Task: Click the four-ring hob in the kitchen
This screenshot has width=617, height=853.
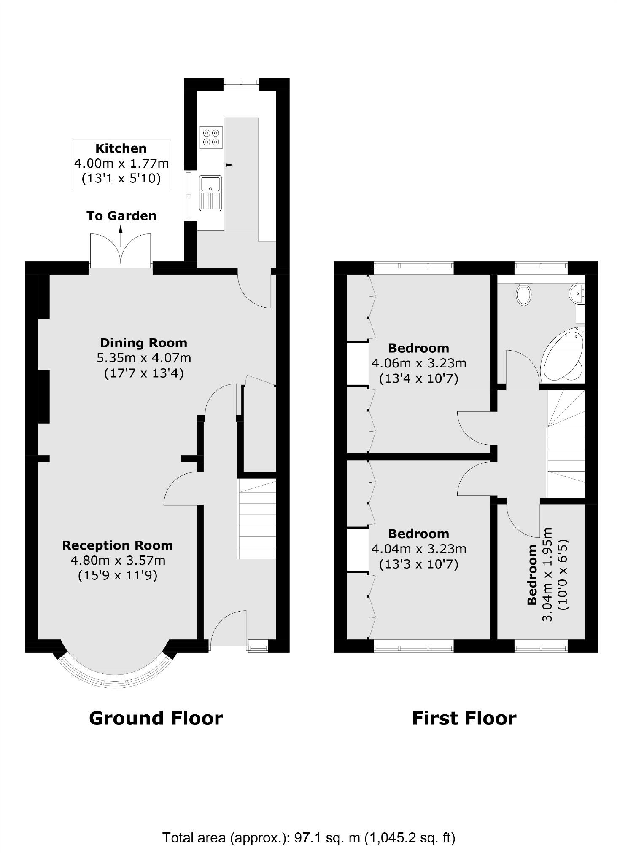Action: pos(211,137)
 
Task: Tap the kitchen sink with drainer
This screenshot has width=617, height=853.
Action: pos(211,193)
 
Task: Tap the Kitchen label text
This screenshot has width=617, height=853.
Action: pos(121,148)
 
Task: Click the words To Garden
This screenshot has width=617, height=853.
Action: pos(121,216)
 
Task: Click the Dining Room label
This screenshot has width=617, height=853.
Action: pos(143,343)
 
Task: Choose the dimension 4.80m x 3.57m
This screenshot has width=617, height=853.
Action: pos(118,561)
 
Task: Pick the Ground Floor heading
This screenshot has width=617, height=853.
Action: pos(156,718)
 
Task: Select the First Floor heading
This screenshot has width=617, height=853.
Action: pos(464,718)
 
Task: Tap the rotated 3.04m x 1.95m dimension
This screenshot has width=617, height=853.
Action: pos(548,574)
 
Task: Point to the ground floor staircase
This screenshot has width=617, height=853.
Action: pos(256,519)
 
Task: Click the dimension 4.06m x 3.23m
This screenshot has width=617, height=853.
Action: pos(419,363)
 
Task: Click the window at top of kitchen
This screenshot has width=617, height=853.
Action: pos(241,84)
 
